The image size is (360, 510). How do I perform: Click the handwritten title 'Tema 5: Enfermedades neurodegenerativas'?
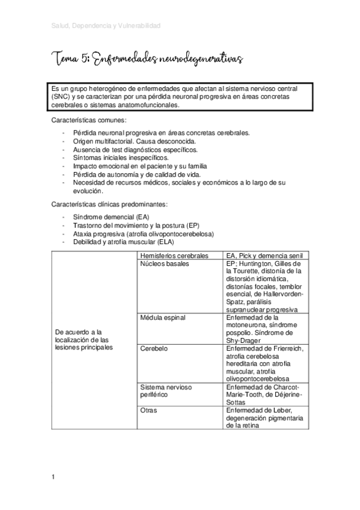point(147,59)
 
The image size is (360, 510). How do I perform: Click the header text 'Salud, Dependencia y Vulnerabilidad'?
point(106,26)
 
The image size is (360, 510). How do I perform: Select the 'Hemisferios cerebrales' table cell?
point(174,256)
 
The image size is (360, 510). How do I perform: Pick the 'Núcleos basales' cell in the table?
point(164,263)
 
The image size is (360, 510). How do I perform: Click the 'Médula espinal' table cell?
point(162,317)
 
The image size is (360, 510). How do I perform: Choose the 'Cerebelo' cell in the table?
point(154,348)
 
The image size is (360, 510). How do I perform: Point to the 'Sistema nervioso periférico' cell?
point(165,391)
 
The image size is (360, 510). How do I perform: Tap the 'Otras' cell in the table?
point(148,410)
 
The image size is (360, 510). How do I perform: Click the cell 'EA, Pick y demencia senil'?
point(265,256)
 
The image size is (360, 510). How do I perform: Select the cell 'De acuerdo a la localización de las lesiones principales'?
point(84,340)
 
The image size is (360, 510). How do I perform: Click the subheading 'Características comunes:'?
point(89,120)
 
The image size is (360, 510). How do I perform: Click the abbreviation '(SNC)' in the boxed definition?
point(61,96)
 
